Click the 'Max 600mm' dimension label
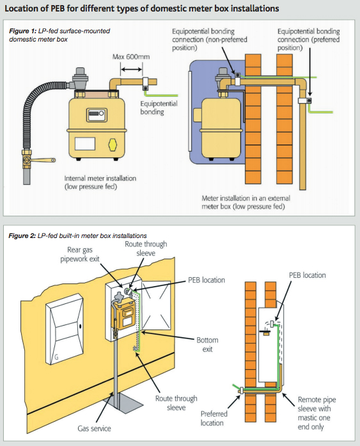tap(130, 57)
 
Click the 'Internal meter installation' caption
tap(100, 182)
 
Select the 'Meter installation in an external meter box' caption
tap(251, 203)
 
